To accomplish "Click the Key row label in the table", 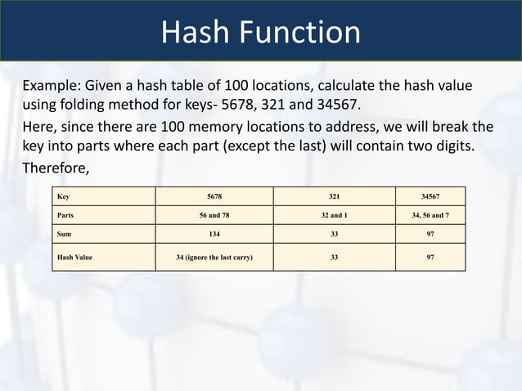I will (63, 196).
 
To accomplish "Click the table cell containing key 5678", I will (214, 196).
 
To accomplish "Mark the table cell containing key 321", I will (334, 196).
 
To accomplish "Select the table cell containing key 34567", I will (430, 196).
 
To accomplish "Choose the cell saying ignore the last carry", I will (214, 257).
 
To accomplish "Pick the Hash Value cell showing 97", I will (430, 257).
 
